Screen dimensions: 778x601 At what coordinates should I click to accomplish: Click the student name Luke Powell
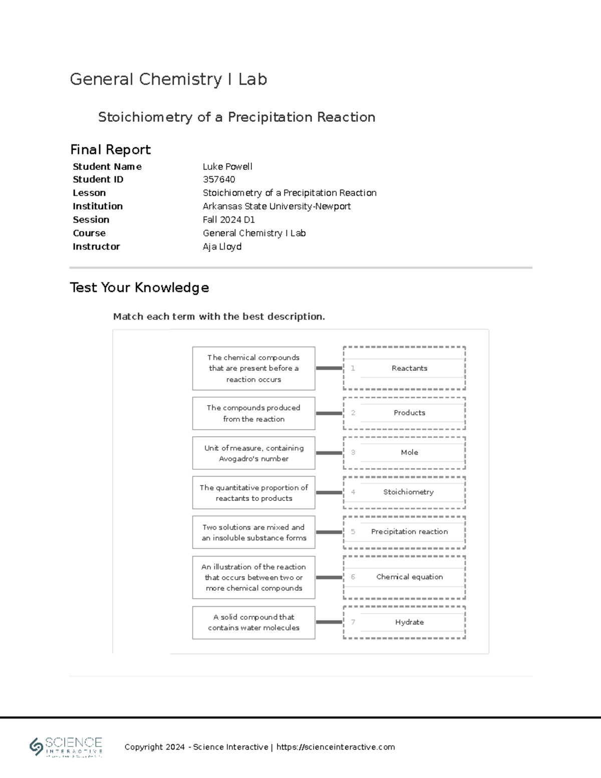coord(227,166)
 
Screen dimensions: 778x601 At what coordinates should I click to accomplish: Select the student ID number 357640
coord(219,179)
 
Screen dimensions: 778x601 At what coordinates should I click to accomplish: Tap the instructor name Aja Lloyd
coord(222,246)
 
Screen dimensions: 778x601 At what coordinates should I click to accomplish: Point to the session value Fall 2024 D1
coord(229,219)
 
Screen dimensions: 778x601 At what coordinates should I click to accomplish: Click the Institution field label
coord(98,206)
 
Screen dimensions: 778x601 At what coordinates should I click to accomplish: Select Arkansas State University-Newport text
coord(276,206)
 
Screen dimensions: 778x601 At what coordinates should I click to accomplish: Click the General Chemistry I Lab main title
coord(168,79)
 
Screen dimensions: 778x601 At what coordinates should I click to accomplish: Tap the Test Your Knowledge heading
coord(139,288)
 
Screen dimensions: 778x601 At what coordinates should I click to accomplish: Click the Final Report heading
coord(110,149)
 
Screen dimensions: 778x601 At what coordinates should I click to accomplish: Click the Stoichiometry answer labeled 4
coord(408,492)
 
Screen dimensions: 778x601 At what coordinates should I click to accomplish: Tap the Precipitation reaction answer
coord(409,532)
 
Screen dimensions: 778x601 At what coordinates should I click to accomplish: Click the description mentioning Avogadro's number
coord(253,453)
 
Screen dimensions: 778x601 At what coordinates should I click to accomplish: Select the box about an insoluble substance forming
coord(253,533)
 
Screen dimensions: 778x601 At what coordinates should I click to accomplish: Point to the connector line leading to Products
coord(329,413)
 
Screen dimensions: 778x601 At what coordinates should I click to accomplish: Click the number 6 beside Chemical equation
coord(353,577)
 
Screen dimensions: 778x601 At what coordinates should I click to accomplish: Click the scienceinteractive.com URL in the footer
coord(336,747)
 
